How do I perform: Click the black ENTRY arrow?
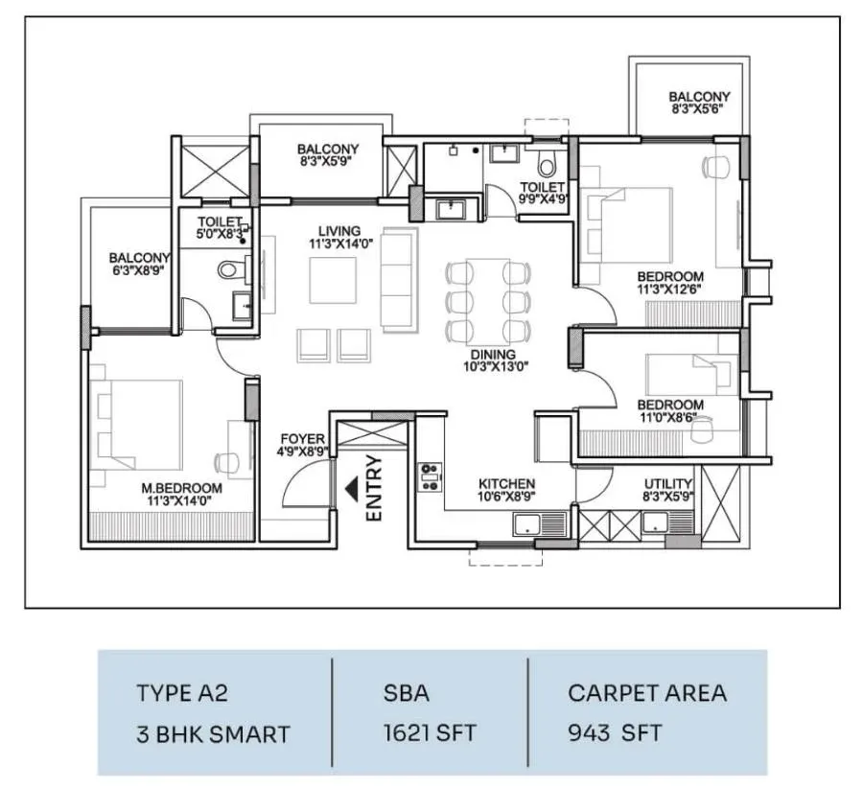(x=352, y=489)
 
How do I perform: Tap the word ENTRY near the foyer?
(x=374, y=488)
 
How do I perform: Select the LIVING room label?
(x=339, y=231)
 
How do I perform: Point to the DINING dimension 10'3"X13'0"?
(x=496, y=366)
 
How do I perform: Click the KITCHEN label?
(x=506, y=483)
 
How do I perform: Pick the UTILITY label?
(x=668, y=484)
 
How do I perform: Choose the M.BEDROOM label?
(x=181, y=488)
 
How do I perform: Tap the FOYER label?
(x=302, y=439)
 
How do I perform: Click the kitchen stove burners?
(x=431, y=477)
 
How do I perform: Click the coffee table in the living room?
(x=333, y=280)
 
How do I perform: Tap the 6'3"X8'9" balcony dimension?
(x=138, y=270)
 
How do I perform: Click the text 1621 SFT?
(x=430, y=732)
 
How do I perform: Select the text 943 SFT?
(x=615, y=732)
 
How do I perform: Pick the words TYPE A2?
(x=181, y=693)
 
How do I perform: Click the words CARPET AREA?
(x=647, y=693)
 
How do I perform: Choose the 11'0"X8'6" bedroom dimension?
(x=670, y=418)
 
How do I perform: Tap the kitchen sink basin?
(x=527, y=524)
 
